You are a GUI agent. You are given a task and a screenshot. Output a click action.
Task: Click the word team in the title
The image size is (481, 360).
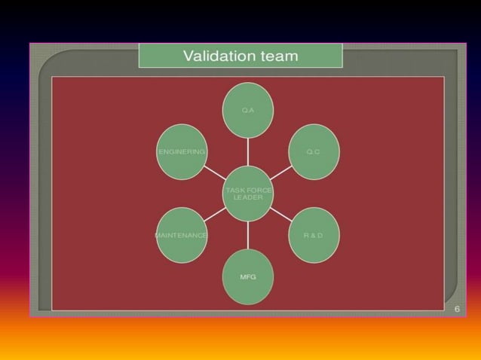(x=276, y=56)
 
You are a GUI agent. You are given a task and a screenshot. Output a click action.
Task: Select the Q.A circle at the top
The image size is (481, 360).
(x=247, y=110)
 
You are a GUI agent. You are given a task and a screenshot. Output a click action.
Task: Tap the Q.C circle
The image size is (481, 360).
(x=314, y=151)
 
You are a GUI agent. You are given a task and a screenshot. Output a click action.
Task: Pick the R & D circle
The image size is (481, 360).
(x=314, y=235)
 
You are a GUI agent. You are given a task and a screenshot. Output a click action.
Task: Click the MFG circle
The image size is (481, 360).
(x=247, y=277)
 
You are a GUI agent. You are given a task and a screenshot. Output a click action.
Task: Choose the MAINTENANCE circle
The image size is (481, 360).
(x=182, y=235)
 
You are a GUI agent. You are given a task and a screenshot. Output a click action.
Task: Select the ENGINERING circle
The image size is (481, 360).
(x=182, y=151)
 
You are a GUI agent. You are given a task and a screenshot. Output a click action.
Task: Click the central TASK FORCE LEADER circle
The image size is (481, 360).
(x=247, y=194)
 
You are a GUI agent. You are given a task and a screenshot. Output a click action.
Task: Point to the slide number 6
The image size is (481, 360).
(x=457, y=309)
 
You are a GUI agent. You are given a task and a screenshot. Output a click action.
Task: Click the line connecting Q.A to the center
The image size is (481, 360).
(x=247, y=152)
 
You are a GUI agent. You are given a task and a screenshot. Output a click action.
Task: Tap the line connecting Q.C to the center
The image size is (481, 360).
(x=280, y=173)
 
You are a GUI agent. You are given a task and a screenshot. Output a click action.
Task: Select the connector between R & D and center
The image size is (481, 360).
(x=280, y=214)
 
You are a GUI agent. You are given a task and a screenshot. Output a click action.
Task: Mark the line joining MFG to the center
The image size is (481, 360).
(x=247, y=235)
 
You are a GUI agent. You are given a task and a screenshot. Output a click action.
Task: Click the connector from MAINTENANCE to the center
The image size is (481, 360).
(x=214, y=214)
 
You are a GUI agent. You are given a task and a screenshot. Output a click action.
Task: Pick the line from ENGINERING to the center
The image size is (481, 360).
(x=215, y=173)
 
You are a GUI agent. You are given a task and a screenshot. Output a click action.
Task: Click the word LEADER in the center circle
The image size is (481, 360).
(x=247, y=198)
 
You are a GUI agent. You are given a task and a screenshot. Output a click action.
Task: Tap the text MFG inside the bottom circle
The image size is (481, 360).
(x=247, y=277)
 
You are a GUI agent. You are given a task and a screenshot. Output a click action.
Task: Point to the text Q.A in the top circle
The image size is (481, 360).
(x=247, y=110)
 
